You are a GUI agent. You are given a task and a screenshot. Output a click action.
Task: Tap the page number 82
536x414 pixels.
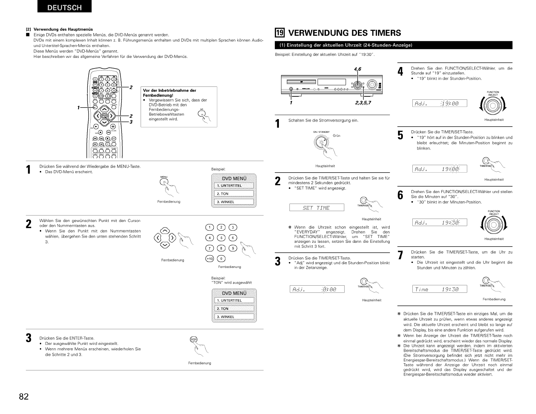coord(24,397)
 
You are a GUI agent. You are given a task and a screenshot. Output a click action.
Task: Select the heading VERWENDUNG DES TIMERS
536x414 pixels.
coord(344,33)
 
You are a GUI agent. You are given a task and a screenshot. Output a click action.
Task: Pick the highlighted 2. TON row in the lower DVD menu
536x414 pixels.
coord(234,308)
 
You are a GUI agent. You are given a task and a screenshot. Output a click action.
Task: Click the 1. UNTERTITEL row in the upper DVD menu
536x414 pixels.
coord(234,186)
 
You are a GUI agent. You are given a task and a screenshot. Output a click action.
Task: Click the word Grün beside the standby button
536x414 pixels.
coord(336,136)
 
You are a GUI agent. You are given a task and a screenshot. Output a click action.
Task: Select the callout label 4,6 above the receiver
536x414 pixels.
coord(357,69)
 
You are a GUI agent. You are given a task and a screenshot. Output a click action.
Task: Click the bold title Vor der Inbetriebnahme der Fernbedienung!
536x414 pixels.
coord(170,93)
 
